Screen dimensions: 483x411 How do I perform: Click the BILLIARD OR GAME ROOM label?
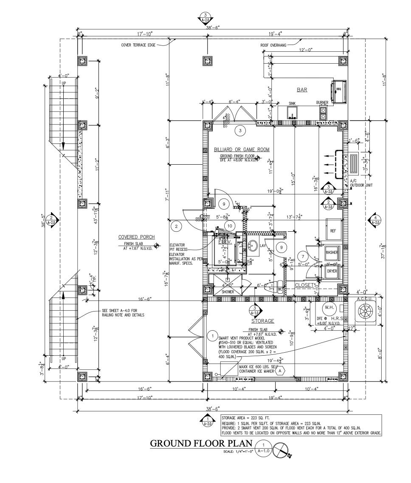(242, 150)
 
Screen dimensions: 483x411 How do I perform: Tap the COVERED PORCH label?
(136, 237)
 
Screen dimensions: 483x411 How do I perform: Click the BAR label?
(302, 90)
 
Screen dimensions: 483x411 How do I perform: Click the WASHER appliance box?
(332, 253)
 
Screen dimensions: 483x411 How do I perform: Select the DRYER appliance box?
(332, 271)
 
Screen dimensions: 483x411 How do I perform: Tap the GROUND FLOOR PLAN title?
(201, 444)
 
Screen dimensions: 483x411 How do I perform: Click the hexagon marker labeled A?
(280, 371)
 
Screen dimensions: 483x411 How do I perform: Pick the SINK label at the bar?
(292, 103)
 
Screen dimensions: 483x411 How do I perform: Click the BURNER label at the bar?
(322, 103)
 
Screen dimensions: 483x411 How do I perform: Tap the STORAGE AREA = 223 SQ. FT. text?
(245, 418)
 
